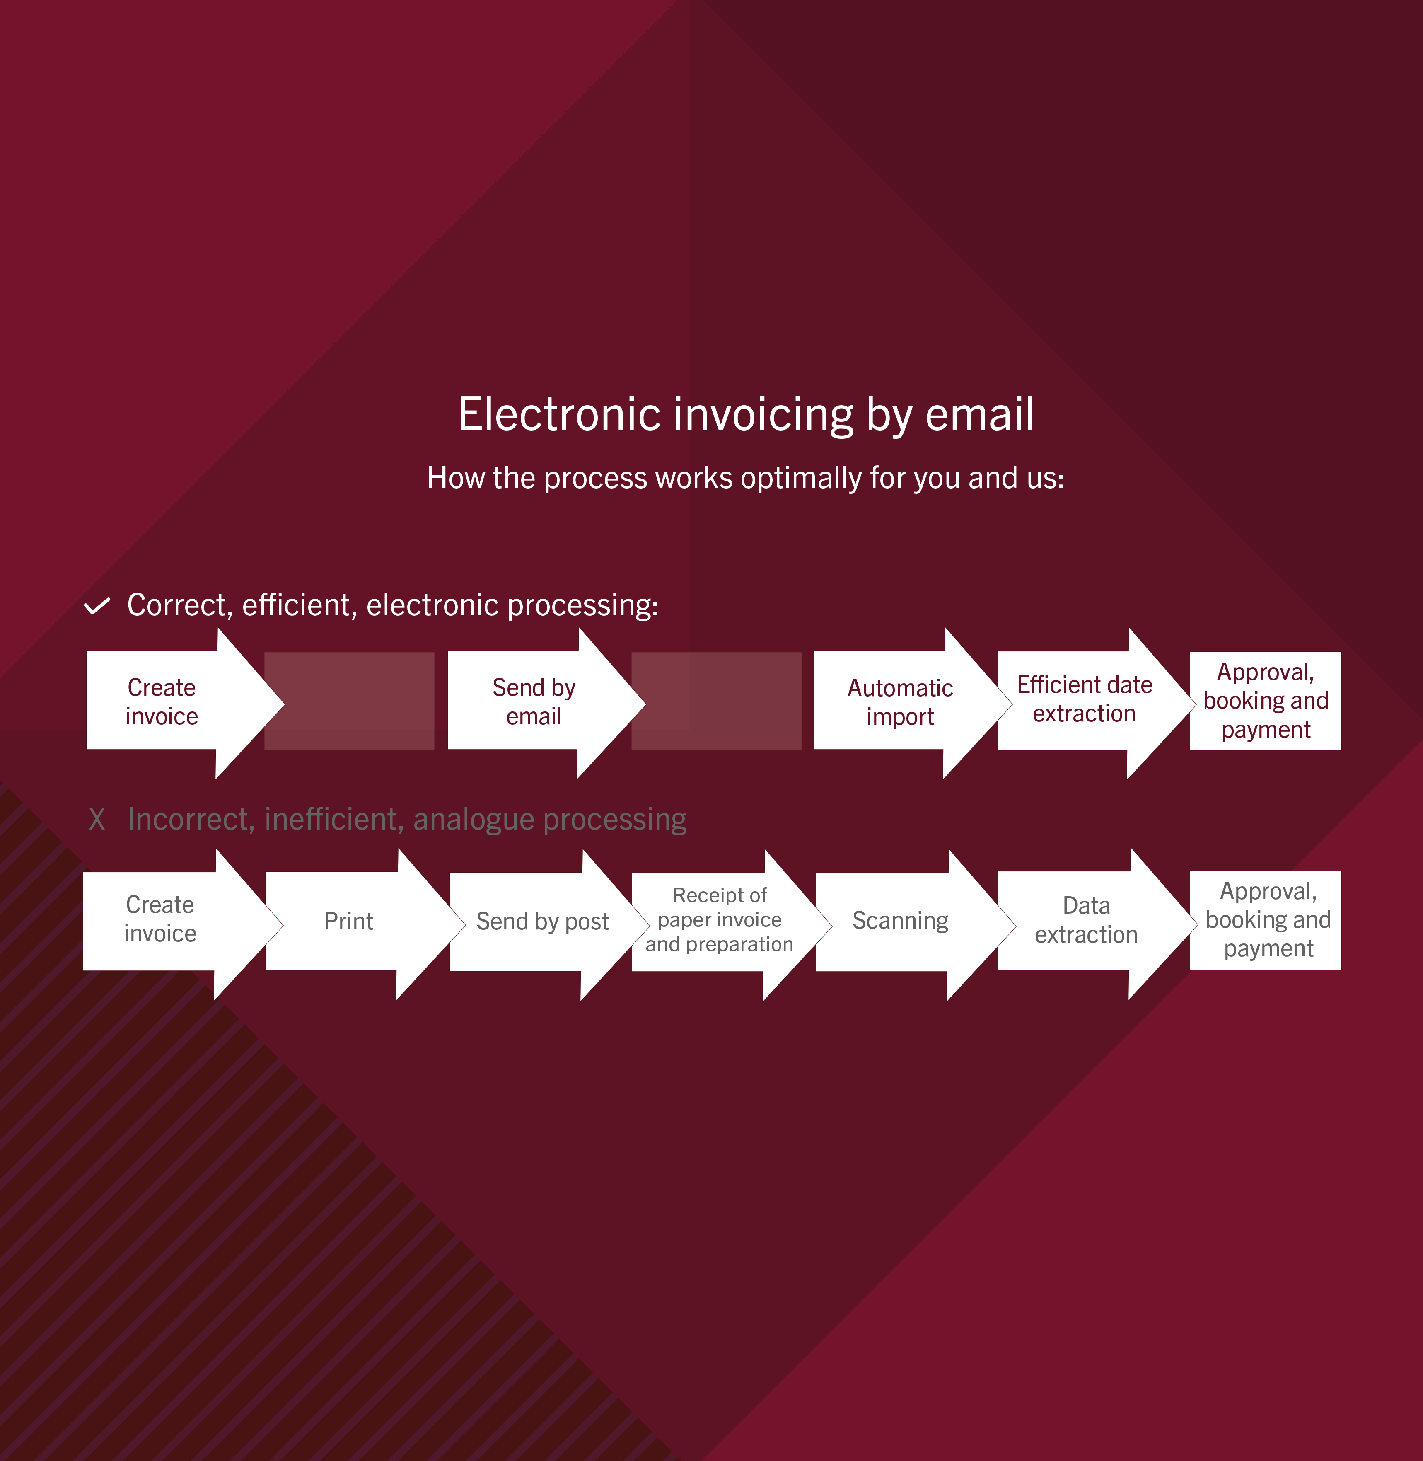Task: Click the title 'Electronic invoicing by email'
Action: (746, 415)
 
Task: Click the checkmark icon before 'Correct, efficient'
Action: (97, 606)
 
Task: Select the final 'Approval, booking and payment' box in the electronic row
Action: (1265, 701)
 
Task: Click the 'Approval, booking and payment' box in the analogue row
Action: (1265, 920)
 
